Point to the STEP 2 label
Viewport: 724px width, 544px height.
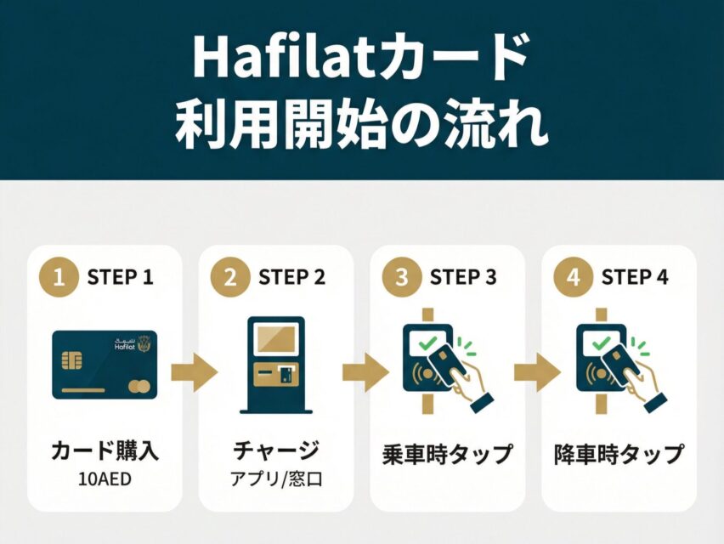[291, 278]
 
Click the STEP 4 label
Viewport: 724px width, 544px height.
[635, 278]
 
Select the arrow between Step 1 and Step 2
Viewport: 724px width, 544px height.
[194, 373]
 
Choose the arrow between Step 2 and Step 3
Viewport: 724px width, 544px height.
[365, 373]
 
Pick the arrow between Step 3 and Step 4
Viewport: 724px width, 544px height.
[537, 373]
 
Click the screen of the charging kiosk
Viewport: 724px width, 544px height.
[274, 338]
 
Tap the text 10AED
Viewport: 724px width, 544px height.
[105, 478]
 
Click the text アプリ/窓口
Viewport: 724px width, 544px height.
[276, 478]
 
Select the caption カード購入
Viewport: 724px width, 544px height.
[105, 450]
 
